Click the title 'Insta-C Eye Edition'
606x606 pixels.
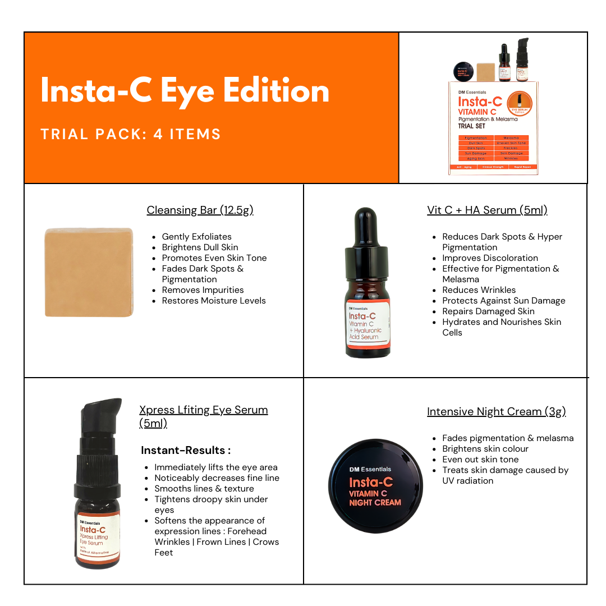click(185, 91)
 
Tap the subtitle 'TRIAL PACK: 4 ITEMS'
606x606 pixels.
click(131, 134)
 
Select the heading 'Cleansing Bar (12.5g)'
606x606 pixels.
click(200, 210)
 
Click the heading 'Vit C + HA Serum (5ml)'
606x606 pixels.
click(486, 210)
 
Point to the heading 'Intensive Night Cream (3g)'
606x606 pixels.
click(496, 411)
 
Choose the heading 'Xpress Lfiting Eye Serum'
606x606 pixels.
click(203, 410)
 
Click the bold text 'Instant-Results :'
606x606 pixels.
click(186, 450)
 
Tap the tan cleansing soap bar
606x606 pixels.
click(89, 272)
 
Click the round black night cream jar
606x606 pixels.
click(375, 485)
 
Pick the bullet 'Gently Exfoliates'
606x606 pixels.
click(196, 237)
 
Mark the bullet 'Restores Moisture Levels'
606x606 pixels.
click(214, 301)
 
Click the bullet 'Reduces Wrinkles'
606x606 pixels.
click(479, 290)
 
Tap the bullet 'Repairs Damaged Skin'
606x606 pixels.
click(488, 311)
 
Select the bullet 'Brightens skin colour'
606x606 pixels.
click(485, 449)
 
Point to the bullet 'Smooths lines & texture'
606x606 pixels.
click(204, 489)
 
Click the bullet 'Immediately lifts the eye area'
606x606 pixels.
click(216, 467)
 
